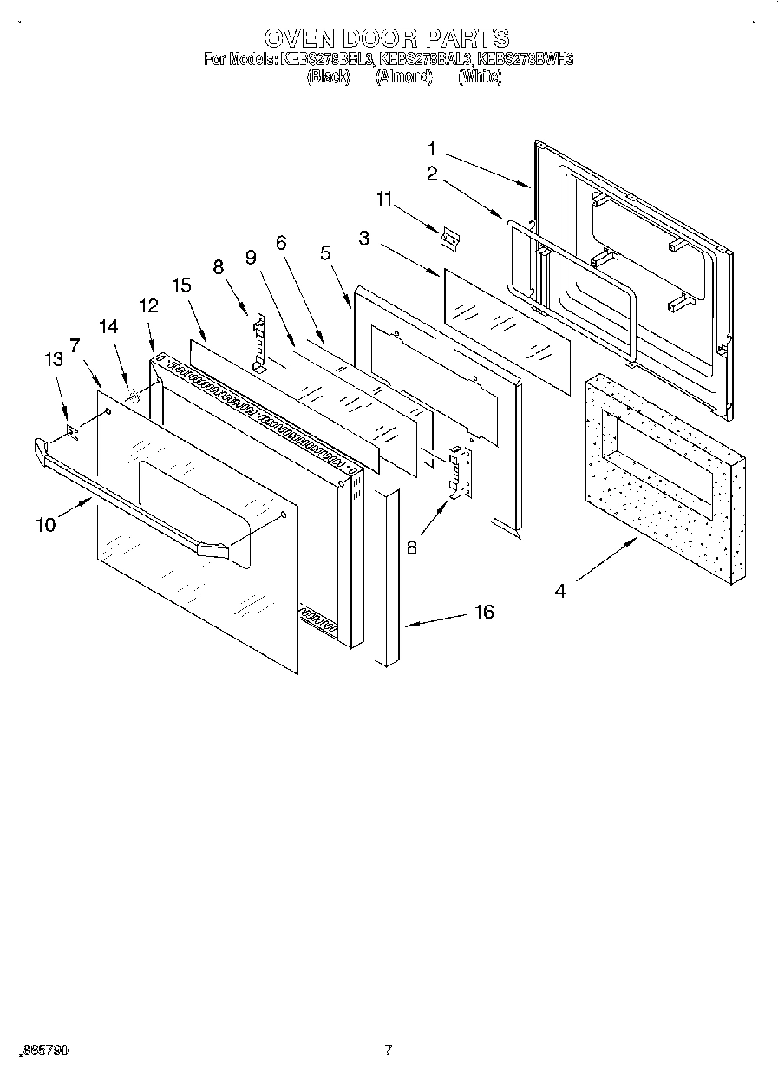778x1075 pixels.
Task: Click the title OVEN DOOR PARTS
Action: tap(387, 38)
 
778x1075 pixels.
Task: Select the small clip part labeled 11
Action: tap(448, 237)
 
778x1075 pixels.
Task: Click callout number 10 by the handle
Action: tap(45, 524)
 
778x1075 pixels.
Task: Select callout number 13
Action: tap(54, 360)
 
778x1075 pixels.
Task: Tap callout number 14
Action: tap(108, 327)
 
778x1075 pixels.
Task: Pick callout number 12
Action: tap(148, 305)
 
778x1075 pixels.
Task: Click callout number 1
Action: tap(432, 148)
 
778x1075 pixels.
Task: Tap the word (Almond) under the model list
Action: tap(404, 77)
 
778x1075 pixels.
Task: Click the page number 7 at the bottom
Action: tap(389, 1050)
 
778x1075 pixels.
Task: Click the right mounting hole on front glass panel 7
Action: tap(284, 516)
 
